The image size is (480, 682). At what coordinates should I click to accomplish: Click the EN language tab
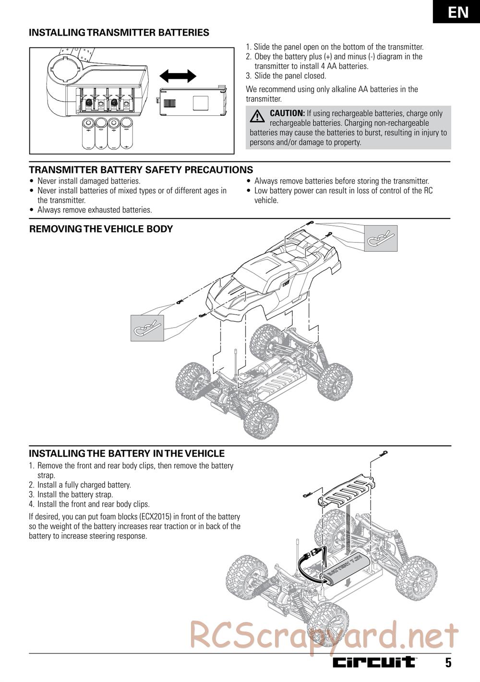pos(458,12)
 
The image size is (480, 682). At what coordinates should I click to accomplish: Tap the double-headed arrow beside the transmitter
pos(178,76)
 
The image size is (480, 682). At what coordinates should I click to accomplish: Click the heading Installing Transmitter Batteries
pos(119,33)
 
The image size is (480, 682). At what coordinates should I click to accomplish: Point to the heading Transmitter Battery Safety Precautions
pos(141,170)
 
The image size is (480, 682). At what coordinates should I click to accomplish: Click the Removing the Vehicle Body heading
pos(101,229)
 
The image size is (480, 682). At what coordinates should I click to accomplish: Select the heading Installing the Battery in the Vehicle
pos(127,453)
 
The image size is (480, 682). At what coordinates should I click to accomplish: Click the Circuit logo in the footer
pos(374,662)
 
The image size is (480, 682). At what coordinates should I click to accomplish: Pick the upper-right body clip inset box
pos(381,238)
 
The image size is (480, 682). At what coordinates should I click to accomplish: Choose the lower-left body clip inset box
pos(147,328)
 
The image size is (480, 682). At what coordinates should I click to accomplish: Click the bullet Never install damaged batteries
pos(89,181)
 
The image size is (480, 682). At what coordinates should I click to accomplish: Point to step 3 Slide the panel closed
pos(290,76)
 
